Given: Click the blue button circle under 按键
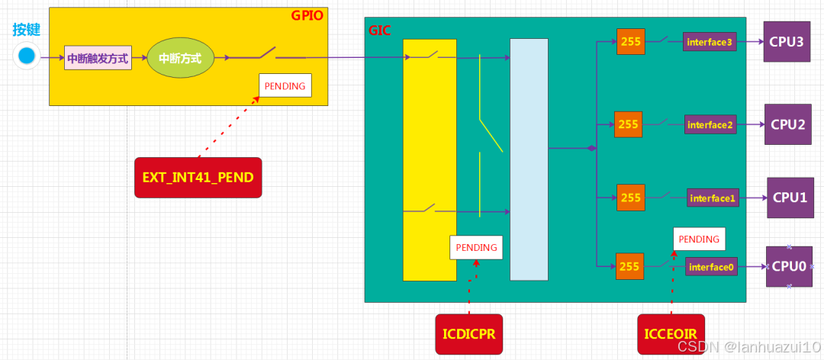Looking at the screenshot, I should click(x=27, y=56).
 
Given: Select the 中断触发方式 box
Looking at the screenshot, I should click(x=98, y=58).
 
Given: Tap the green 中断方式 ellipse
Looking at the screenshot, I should click(x=181, y=57).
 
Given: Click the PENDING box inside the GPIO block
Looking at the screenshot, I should click(x=285, y=86).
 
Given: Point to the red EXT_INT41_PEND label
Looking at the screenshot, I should click(x=198, y=178).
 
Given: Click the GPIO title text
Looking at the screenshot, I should click(x=308, y=16).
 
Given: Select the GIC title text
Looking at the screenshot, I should click(x=380, y=31).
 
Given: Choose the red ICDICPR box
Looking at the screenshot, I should click(x=468, y=333).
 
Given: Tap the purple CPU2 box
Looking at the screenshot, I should click(x=788, y=124).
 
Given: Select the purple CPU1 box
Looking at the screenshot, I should click(x=790, y=198).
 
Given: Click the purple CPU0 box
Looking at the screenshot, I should click(x=789, y=266).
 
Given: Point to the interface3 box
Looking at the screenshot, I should click(x=710, y=42).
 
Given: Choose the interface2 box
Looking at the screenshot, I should click(x=710, y=124).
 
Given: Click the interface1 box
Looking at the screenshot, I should click(x=713, y=198).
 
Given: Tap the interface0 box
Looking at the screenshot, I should click(x=711, y=267).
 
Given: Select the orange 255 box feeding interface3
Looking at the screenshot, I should click(x=631, y=42).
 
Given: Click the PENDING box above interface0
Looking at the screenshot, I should click(x=699, y=239).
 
